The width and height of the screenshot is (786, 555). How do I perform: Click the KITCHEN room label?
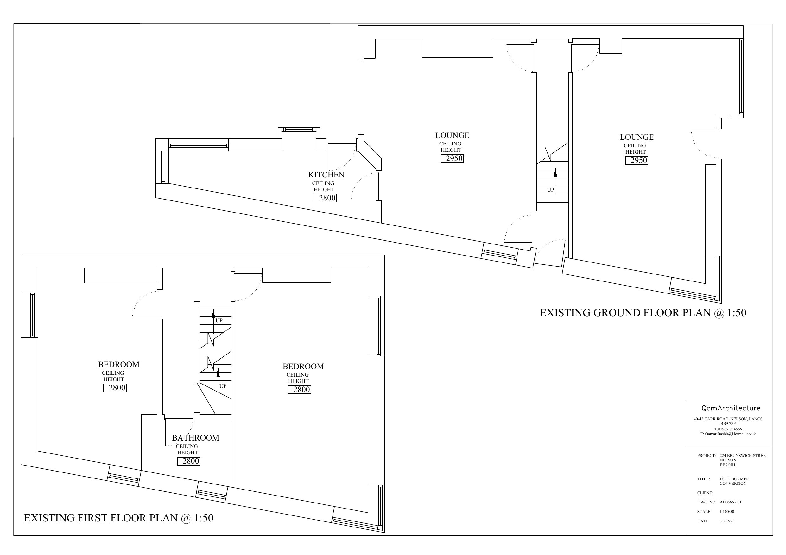click(326, 175)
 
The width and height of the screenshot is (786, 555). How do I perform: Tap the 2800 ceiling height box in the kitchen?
click(325, 198)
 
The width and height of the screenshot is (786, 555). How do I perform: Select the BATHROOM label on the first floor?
click(195, 438)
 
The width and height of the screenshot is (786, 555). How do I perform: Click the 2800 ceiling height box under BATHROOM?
click(189, 461)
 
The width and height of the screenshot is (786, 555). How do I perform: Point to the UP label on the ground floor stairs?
click(550, 190)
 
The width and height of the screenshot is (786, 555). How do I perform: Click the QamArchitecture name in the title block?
click(731, 408)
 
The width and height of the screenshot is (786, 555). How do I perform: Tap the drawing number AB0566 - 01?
click(731, 502)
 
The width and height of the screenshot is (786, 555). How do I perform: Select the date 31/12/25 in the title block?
click(727, 521)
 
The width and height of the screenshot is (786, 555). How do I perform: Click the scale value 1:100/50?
click(727, 512)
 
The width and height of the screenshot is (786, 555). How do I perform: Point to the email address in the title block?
click(728, 434)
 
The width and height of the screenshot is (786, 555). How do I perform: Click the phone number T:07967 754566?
click(728, 429)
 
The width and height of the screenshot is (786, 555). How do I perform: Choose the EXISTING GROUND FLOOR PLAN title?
click(643, 313)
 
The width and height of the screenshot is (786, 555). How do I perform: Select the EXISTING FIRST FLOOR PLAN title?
click(118, 518)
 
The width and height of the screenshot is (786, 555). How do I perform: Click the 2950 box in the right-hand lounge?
click(637, 160)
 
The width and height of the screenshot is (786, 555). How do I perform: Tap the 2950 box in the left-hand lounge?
click(452, 158)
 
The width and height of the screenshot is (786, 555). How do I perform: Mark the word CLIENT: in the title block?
click(705, 493)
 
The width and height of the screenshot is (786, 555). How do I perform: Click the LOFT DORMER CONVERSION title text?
click(734, 481)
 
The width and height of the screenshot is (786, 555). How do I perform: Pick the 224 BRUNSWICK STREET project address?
click(744, 456)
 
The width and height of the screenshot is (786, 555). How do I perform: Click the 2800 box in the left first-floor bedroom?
click(115, 388)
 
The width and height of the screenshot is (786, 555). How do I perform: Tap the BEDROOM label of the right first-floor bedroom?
click(303, 367)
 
